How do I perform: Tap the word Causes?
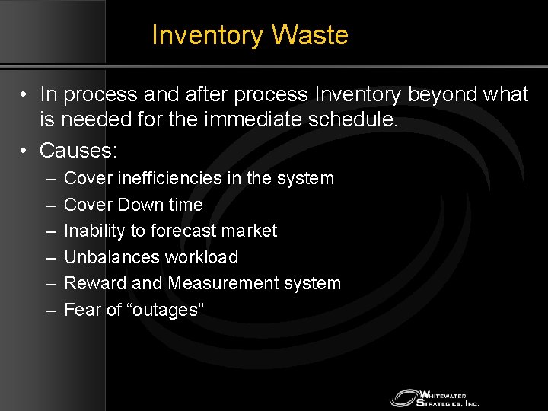pos(78,151)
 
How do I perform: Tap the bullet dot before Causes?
pos(25,151)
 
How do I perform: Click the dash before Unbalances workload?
pos(50,257)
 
